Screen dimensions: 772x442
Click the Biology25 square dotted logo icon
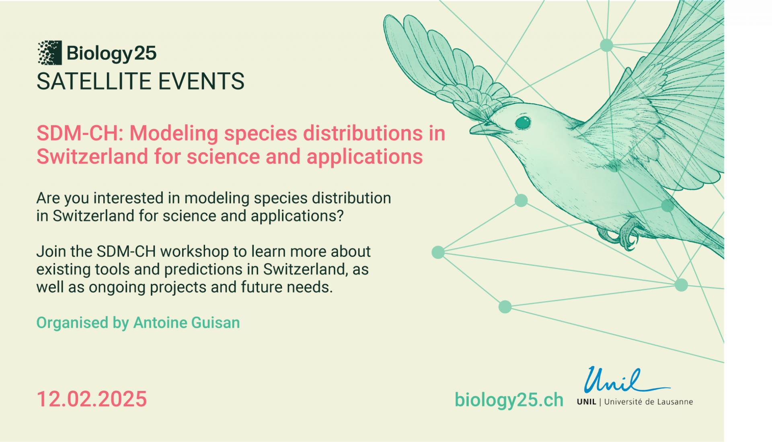[49, 53]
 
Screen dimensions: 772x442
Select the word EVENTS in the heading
[201, 81]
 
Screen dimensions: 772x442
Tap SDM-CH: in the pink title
[80, 133]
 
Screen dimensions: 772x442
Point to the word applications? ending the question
[297, 216]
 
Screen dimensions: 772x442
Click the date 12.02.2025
[92, 399]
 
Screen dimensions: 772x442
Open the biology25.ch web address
[509, 400]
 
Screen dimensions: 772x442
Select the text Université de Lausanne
[649, 402]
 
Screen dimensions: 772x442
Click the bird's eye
[523, 122]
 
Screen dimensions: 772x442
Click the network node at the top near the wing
[606, 45]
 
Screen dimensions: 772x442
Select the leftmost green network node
[438, 252]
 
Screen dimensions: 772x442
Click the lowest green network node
[505, 307]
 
